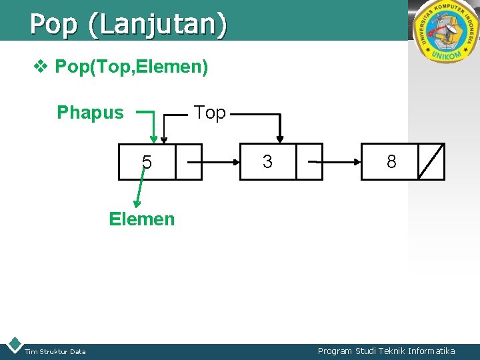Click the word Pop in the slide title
tap(53, 25)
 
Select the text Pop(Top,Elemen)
tap(131, 67)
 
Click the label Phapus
tap(90, 113)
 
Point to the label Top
tap(209, 113)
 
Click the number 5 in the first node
tap(147, 162)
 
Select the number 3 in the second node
tap(267, 161)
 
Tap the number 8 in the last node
tap(391, 161)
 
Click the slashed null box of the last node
tap(431, 161)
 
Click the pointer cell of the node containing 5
tap(189, 162)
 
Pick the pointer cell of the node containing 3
tap(309, 161)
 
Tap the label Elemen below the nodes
tap(142, 219)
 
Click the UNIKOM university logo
tap(445, 31)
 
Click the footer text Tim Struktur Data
tap(55, 352)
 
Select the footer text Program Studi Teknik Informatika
tap(386, 351)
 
